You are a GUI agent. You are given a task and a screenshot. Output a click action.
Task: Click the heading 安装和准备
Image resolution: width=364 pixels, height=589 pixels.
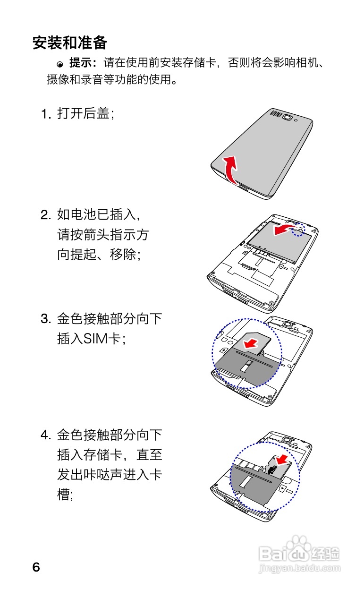pos(70,43)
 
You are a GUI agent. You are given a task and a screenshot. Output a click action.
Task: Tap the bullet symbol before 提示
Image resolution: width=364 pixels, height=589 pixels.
pos(60,64)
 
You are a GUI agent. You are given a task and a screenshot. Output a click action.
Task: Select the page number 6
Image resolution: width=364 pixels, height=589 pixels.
pos(36,567)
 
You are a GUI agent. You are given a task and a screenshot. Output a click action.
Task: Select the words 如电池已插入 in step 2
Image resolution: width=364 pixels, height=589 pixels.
pos(97,215)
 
